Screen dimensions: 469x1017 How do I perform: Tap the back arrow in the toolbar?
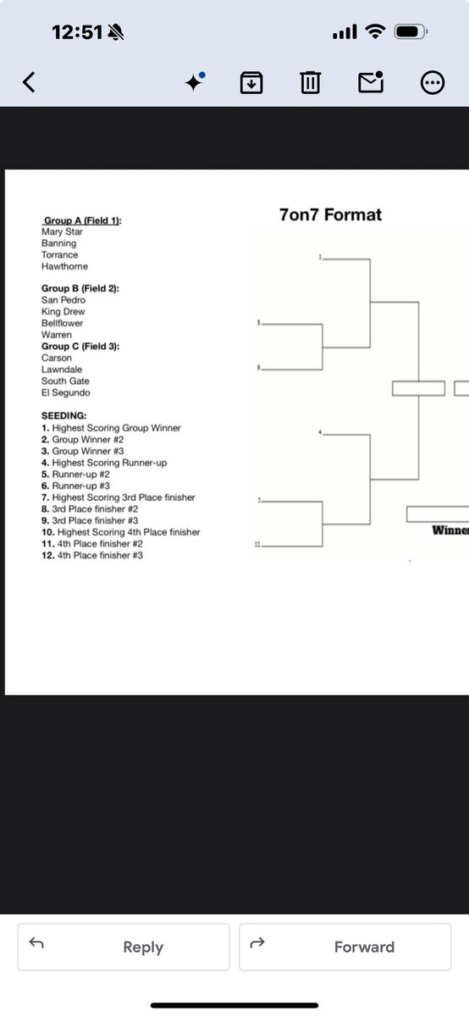point(30,82)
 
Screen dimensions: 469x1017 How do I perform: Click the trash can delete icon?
point(311,82)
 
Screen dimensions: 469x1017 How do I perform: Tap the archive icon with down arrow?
point(251,82)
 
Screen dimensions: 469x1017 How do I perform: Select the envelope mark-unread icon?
point(371,82)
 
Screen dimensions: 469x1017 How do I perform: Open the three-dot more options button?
point(433,82)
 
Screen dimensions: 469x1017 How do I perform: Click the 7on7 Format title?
point(330,214)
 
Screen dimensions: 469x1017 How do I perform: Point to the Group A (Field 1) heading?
point(82,220)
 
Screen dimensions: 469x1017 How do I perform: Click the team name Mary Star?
point(62,231)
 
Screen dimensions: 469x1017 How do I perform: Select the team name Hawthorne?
point(64,266)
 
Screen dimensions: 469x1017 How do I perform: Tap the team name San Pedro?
point(63,300)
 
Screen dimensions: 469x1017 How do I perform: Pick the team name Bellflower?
point(63,323)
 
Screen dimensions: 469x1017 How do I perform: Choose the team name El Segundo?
point(65,392)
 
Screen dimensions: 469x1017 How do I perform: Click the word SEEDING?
point(63,416)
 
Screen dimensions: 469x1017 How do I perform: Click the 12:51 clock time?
point(77,32)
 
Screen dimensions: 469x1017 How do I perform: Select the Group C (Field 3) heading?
point(80,346)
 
